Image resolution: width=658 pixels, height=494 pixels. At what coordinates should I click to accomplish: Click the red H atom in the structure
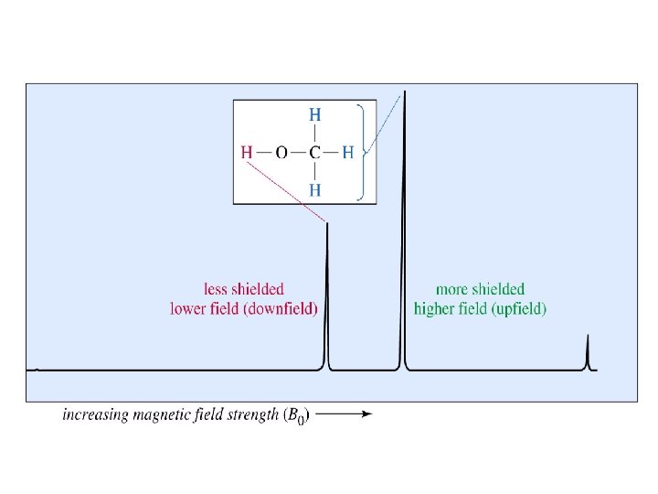coord(247,153)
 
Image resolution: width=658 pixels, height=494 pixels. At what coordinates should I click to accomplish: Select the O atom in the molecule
coord(281,153)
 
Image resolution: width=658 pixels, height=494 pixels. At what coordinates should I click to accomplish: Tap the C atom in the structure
coord(314,153)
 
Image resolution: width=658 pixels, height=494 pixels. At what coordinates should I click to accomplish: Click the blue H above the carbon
coord(314,115)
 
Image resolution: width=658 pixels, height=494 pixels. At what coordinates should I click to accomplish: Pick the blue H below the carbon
coord(314,190)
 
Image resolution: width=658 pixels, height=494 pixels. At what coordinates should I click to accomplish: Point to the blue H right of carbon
coord(347,153)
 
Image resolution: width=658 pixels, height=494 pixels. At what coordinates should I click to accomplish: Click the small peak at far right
coord(588,352)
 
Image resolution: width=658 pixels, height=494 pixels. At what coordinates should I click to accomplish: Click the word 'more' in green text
coord(453,289)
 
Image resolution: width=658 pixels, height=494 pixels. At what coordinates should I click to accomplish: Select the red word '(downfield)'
coord(280,309)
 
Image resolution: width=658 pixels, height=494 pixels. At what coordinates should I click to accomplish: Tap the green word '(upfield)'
coord(520,309)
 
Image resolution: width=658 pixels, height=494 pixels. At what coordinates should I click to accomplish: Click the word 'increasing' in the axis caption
coord(94,414)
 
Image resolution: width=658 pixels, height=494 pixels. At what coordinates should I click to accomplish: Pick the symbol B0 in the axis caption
coord(297,415)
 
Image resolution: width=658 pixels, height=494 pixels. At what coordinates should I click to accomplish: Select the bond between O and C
coord(298,153)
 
